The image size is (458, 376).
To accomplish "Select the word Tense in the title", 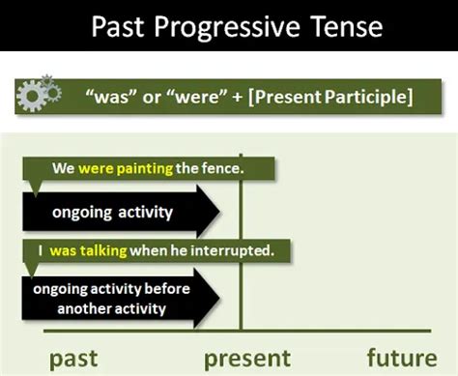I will (330, 26).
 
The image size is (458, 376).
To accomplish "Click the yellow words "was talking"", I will (89, 250).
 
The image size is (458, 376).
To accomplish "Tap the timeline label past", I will (75, 359).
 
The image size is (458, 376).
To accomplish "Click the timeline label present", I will (247, 359).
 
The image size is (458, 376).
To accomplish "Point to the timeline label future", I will (403, 359).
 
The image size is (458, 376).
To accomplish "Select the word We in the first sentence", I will (64, 168).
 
